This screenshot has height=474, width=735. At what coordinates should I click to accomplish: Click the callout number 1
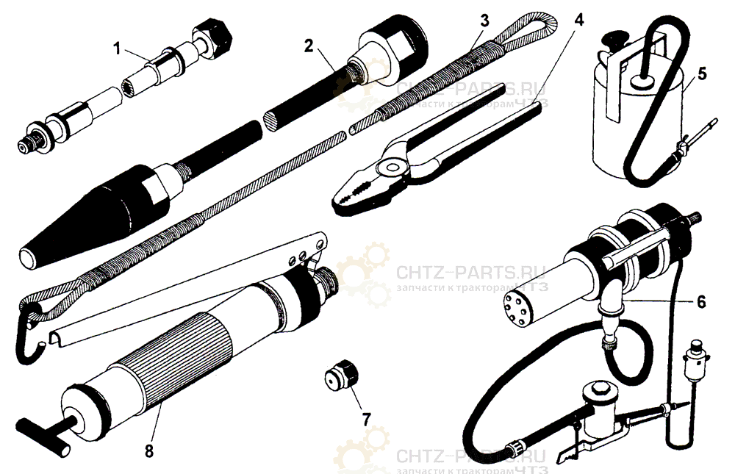tap(116, 49)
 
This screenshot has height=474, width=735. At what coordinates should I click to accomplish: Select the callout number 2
tap(309, 46)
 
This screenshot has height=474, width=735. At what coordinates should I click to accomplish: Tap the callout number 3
tap(484, 19)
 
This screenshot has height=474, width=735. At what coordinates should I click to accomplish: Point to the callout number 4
tap(578, 19)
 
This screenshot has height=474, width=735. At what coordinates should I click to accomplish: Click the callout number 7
tap(365, 420)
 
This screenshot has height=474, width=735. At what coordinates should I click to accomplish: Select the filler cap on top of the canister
tap(613, 40)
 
